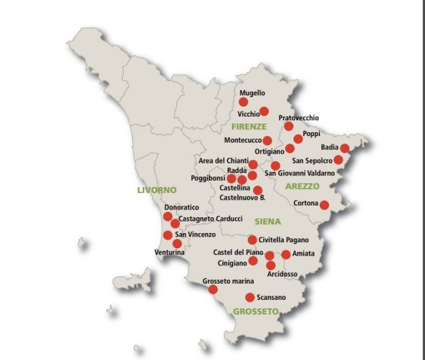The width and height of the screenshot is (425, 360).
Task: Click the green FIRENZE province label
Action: (x=249, y=127)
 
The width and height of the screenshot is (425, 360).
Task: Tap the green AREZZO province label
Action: (x=302, y=186)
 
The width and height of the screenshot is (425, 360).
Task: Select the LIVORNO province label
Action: (x=156, y=190)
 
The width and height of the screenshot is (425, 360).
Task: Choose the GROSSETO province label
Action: (x=256, y=311)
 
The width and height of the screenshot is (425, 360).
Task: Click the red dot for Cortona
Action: (x=324, y=205)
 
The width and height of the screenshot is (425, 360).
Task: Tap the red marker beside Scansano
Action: (x=250, y=297)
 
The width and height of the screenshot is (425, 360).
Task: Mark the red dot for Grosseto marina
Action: (x=213, y=290)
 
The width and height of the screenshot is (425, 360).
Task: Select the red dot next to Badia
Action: (x=345, y=148)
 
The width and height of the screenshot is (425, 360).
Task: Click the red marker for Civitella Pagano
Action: (x=253, y=240)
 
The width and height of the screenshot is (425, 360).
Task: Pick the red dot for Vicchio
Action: (x=264, y=111)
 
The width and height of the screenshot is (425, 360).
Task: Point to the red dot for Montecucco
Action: (x=267, y=140)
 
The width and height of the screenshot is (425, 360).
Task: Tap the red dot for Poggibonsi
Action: (x=231, y=178)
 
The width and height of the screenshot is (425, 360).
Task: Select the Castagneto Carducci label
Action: (x=211, y=219)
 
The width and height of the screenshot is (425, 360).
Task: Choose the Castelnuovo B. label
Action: (x=242, y=197)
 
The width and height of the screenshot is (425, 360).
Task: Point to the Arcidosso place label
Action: (x=282, y=274)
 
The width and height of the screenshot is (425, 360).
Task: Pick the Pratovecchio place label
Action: (x=298, y=118)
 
